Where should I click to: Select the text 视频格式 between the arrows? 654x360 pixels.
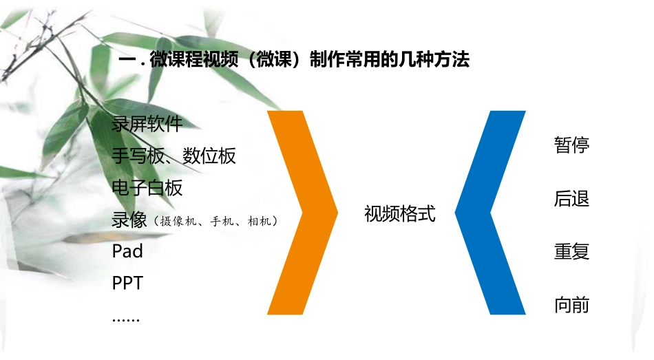[x=400, y=214]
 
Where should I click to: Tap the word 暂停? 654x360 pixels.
[x=571, y=145]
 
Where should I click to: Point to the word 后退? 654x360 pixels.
[x=571, y=200]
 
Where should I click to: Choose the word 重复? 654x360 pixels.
[x=571, y=251]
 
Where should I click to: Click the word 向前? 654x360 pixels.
[x=571, y=305]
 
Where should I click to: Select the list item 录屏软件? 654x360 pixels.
[x=147, y=125]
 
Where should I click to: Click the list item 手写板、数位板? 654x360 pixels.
[x=173, y=156]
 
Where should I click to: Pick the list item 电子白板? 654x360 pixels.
[x=147, y=187]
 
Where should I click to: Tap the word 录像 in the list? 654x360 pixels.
[x=129, y=220]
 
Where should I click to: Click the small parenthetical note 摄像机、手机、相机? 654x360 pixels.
[x=216, y=222]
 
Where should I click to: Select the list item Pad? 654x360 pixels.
[x=127, y=251]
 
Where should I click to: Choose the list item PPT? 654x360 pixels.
[x=127, y=282]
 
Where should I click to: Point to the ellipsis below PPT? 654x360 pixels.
[x=125, y=318]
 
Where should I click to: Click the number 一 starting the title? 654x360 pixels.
[x=126, y=61]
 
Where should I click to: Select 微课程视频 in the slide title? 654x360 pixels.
[x=190, y=61]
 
